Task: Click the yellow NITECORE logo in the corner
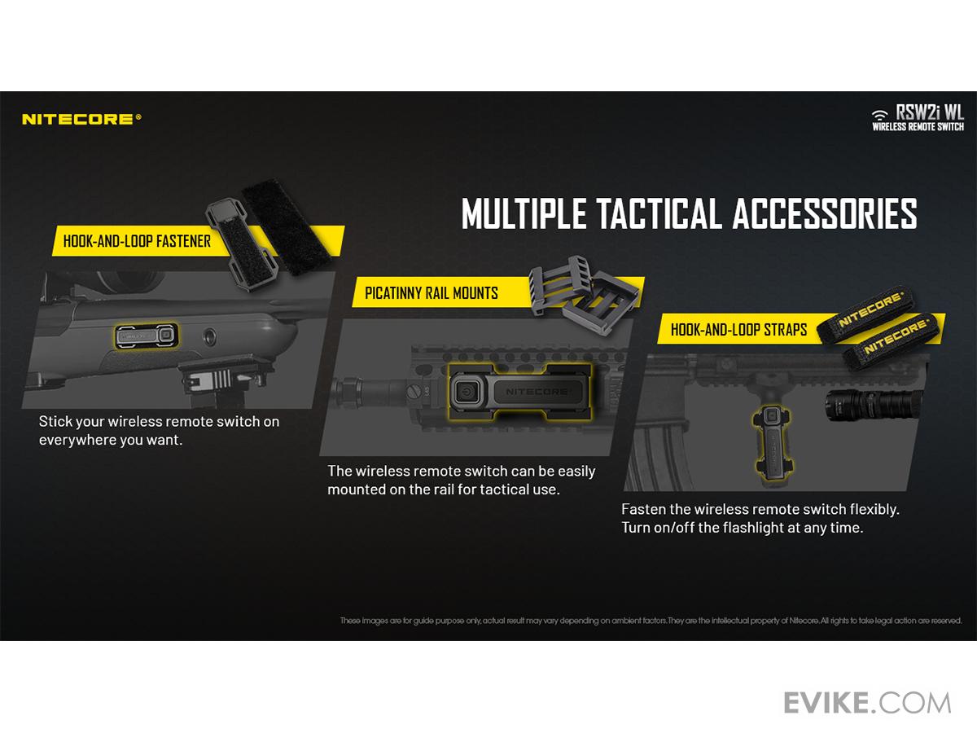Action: click(x=81, y=119)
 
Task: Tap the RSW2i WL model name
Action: click(x=930, y=112)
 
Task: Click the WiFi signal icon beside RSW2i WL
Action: click(x=880, y=115)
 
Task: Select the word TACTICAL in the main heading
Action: click(x=659, y=213)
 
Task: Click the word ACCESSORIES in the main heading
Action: click(x=825, y=213)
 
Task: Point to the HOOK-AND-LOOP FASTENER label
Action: click(x=137, y=241)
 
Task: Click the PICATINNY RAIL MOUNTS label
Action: click(x=432, y=293)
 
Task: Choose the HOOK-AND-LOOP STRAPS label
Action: click(x=739, y=330)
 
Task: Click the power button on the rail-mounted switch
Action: click(x=466, y=392)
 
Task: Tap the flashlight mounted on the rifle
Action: click(x=870, y=406)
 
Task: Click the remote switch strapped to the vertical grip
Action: click(x=773, y=443)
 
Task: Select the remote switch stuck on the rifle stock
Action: click(x=147, y=336)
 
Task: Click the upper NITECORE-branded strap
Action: click(x=866, y=314)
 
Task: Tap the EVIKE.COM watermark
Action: click(x=867, y=703)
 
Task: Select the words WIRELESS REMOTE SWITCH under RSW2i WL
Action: click(x=918, y=127)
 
